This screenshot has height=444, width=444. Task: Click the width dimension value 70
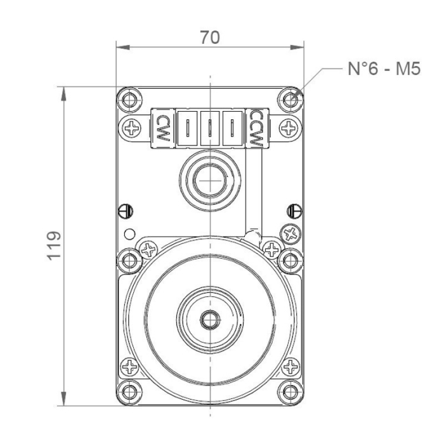209,37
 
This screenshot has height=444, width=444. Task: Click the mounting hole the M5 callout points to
291,100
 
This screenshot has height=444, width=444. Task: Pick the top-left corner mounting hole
129,100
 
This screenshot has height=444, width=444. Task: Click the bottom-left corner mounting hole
129,391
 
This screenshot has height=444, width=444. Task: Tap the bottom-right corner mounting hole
291,391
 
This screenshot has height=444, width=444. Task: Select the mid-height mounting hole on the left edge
129,258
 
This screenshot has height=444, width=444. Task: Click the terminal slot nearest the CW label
188,127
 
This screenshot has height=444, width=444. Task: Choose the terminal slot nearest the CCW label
233,127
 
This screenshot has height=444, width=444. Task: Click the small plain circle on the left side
129,233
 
